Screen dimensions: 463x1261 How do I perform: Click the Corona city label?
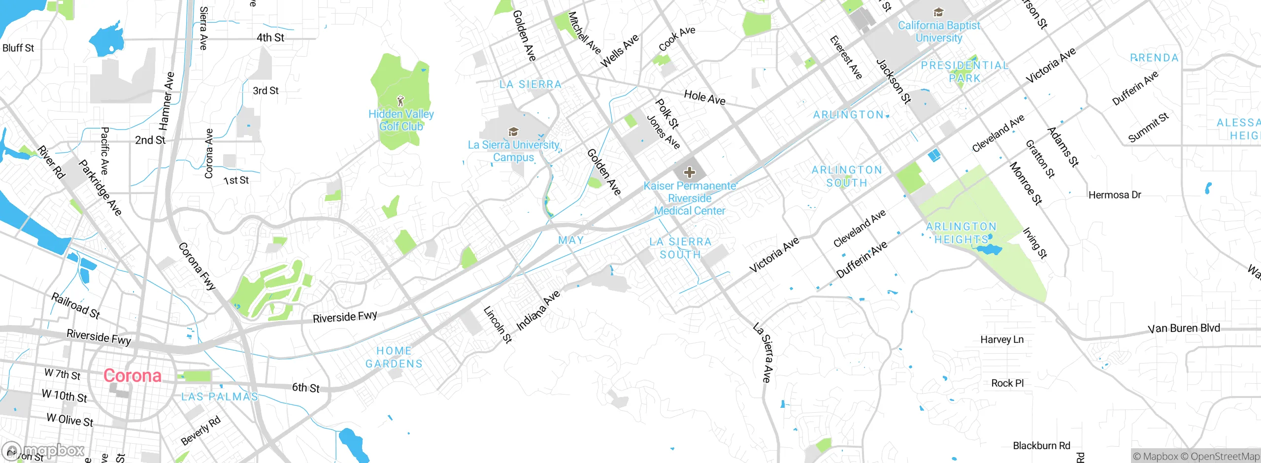coord(132,376)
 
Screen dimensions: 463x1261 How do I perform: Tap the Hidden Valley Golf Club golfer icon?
coord(400,101)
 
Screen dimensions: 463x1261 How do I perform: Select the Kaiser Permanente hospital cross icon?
coord(690,172)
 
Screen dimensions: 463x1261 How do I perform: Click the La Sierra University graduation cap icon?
coord(513,132)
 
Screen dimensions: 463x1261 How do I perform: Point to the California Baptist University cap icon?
coord(939,12)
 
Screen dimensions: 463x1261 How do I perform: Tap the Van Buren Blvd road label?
coord(1184,329)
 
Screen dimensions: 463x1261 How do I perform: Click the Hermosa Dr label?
coord(1115,195)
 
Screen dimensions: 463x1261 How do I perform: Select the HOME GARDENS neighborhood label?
coord(394,357)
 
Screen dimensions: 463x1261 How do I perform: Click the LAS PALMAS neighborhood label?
coord(220,397)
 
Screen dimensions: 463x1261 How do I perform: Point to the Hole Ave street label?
coord(704,98)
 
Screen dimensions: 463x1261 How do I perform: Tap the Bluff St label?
coord(18,48)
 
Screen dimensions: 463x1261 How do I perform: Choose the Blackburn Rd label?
coord(1041,446)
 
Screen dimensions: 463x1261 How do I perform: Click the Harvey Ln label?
coord(1002,339)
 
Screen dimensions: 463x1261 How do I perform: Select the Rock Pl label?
coord(1007,383)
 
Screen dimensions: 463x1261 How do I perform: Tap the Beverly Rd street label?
coord(200,430)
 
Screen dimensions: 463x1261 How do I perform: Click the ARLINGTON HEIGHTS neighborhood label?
coord(961,233)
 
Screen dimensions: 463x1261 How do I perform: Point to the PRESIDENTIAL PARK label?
coord(964,72)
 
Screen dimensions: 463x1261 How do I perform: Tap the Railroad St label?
coord(76,305)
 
